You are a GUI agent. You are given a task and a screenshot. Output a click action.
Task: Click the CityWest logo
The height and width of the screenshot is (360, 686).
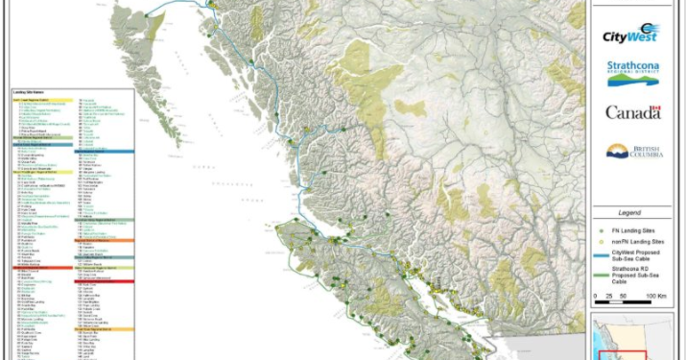tap(630, 35)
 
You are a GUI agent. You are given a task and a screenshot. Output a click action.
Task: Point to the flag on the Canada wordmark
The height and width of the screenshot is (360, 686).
tap(656, 109)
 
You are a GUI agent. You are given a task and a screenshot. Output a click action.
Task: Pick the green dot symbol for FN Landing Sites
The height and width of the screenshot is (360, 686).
tap(602, 231)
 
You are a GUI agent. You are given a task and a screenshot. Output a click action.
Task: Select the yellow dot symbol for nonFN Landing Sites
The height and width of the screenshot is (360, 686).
tap(602, 244)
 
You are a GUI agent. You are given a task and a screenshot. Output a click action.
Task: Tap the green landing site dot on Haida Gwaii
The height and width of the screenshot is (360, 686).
tap(148, 16)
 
